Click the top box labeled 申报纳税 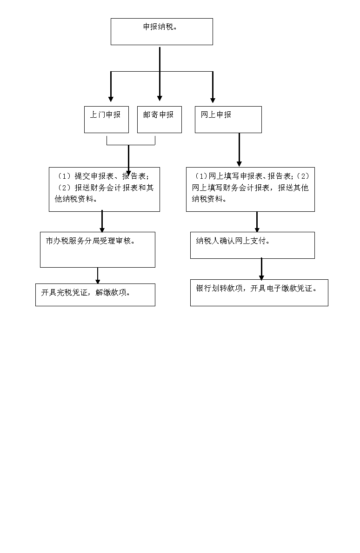162,32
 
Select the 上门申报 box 107,120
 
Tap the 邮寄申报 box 160,120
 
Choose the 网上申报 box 228,120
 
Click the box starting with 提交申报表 104,189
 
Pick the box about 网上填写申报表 250,189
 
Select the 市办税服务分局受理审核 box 98,250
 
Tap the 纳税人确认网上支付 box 253,245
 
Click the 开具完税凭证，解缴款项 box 95,295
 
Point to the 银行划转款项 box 259,293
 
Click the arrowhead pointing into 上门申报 111,99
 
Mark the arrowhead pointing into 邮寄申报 160,98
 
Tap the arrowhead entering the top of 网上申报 213,100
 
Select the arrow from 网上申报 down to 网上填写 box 239,149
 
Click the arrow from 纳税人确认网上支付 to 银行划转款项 261,269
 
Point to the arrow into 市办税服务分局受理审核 102,222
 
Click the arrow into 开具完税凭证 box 98,276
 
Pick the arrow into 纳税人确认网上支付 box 257,222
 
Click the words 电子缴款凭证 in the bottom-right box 290,289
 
